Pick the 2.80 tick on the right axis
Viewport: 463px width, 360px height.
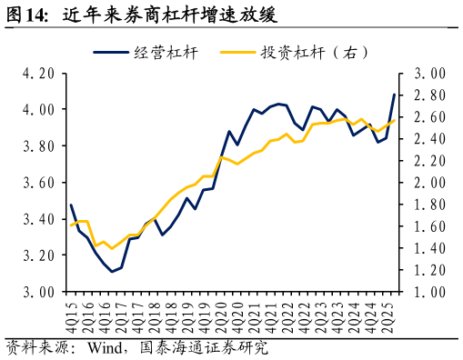(428, 95)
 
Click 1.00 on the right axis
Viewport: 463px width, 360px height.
(428, 292)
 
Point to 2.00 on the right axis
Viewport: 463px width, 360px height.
(428, 183)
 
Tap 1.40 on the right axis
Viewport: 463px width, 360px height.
(428, 248)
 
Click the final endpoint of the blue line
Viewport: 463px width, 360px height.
(394, 95)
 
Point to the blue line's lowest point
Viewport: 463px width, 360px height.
(113, 272)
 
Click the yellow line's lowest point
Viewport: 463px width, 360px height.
(113, 248)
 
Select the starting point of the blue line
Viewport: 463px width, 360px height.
(71, 205)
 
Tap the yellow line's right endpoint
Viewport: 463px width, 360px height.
(394, 120)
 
